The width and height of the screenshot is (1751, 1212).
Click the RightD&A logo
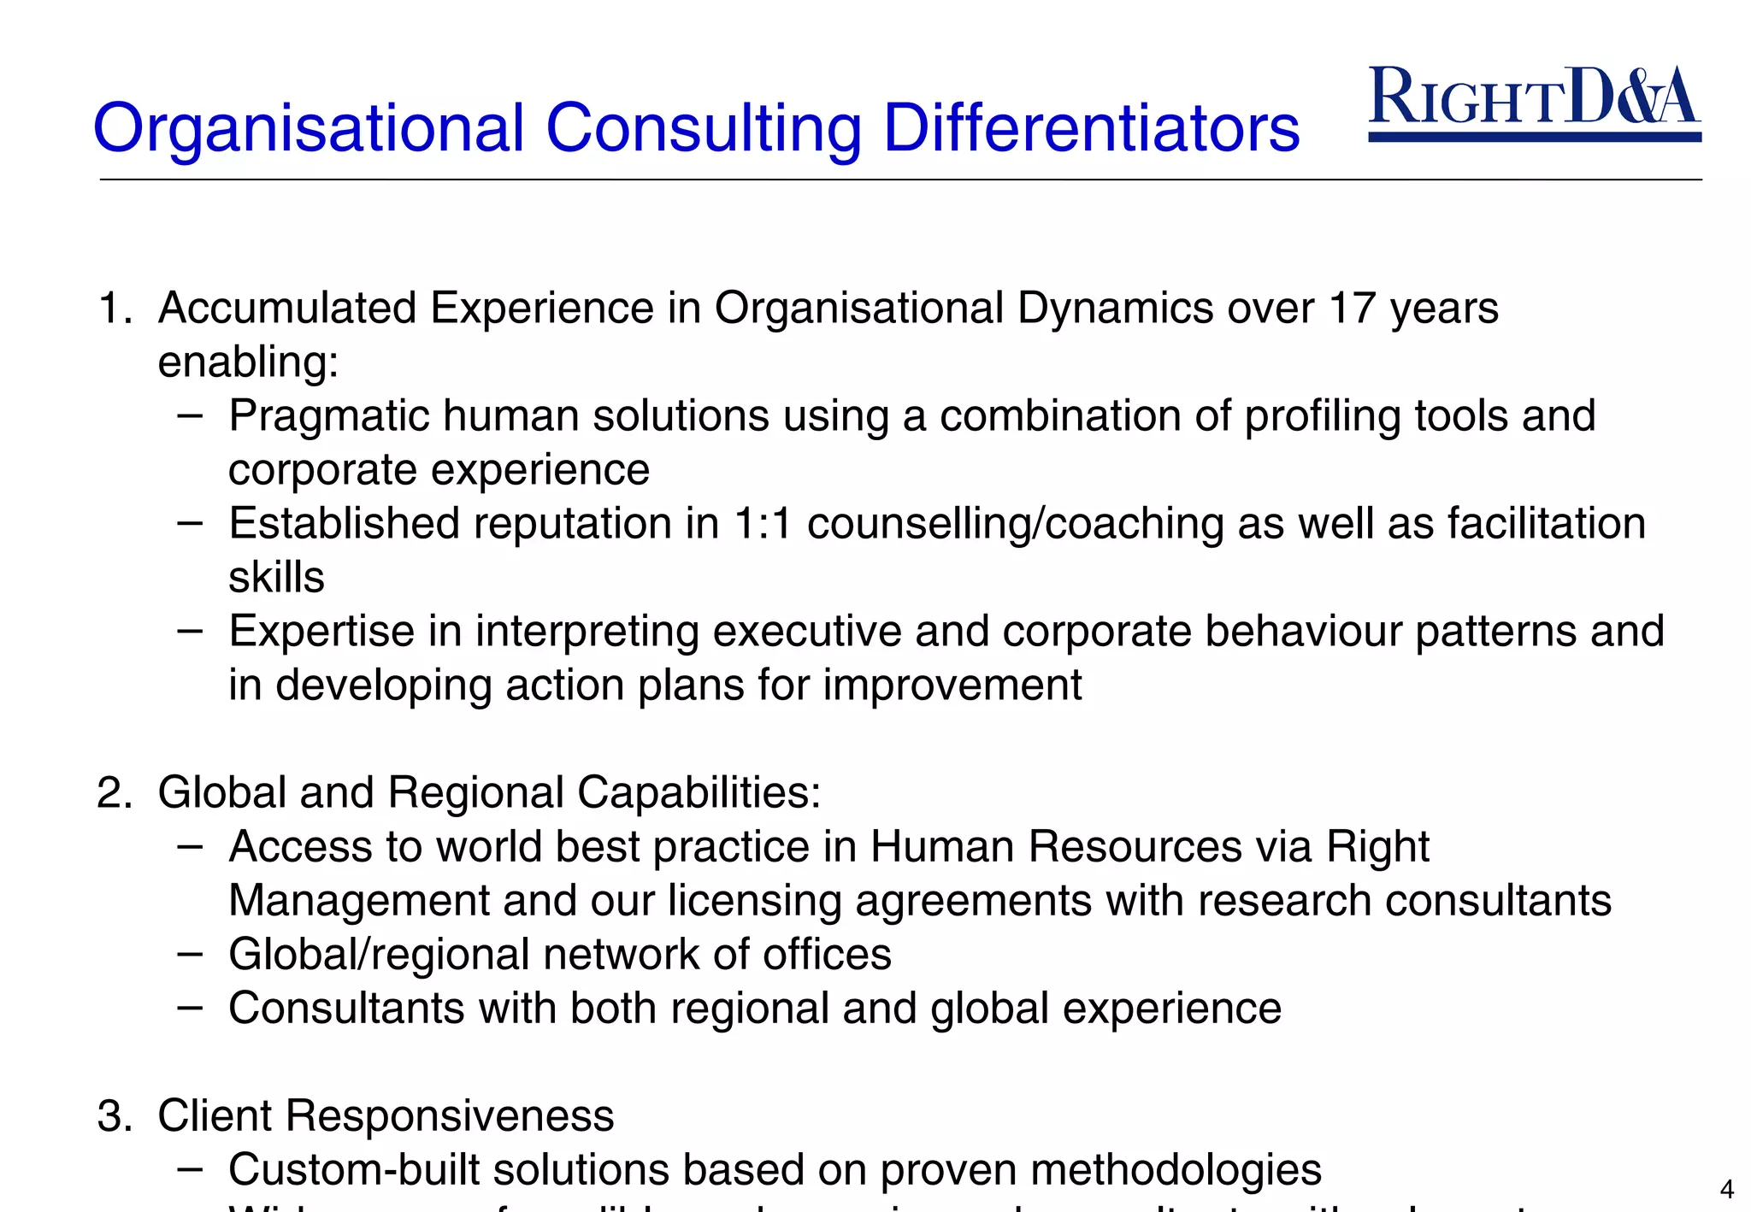(x=1535, y=102)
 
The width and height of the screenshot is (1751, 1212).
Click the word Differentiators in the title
(x=1091, y=128)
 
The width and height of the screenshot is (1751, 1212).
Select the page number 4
(x=1726, y=1189)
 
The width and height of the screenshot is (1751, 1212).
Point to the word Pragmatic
(x=328, y=417)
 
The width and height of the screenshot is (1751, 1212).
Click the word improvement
(x=952, y=685)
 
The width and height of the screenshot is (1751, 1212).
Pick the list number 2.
(x=112, y=792)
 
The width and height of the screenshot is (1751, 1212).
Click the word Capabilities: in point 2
(x=699, y=793)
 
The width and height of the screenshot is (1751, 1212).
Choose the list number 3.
(x=112, y=1116)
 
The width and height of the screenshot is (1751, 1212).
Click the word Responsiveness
(x=449, y=1116)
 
